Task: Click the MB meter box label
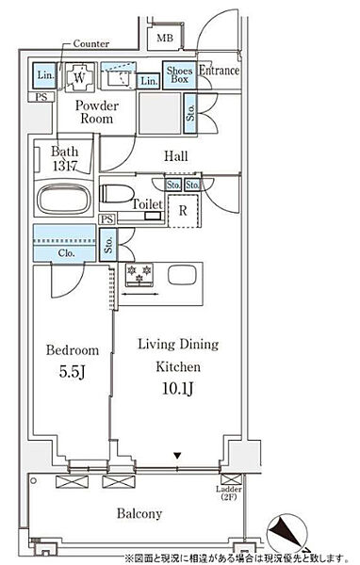coord(165,38)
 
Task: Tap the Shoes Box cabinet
coord(179,75)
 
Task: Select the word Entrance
coord(219,71)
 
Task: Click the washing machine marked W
coord(80,77)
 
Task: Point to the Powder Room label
coord(97,112)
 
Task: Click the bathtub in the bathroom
coord(64,199)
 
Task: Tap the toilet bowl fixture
coord(116,193)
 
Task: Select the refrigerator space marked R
coord(183,211)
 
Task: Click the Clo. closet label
coord(66,253)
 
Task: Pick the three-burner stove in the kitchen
coord(139,275)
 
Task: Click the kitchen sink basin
coord(182,276)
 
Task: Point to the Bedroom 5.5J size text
coord(73,372)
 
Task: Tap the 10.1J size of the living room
coord(178,388)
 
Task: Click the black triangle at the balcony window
coord(177,456)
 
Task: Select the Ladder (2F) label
coord(229,492)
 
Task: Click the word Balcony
coord(139,513)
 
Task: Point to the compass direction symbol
coord(287,534)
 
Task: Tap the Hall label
coord(176,156)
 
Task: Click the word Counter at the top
coord(90,43)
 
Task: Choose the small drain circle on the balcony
coord(34,480)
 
